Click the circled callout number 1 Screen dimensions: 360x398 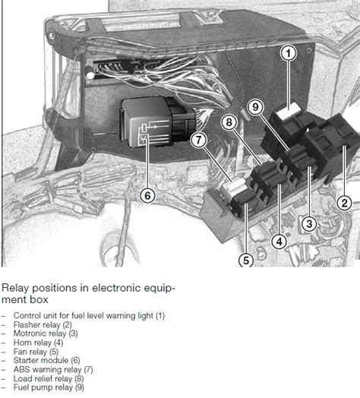pos(289,53)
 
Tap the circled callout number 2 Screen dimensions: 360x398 pos(345,203)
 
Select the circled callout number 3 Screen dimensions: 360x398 pos(309,224)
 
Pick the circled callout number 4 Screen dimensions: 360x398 pos(279,242)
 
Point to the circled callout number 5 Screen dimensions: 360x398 pos(246,261)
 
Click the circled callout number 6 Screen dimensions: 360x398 pos(148,196)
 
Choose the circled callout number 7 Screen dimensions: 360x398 pos(198,140)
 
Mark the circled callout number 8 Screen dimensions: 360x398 pos(229,122)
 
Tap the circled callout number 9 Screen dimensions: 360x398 pos(255,106)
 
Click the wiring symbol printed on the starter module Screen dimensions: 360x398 pos(153,133)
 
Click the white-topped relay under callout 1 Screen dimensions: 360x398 pos(289,111)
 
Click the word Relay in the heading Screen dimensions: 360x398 pos(15,288)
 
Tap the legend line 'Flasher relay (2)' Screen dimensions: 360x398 pos(43,324)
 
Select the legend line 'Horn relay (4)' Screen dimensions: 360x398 pos(38,343)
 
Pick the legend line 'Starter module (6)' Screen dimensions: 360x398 pos(47,361)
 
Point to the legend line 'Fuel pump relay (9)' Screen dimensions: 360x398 pos(49,387)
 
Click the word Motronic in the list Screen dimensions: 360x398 pos(30,333)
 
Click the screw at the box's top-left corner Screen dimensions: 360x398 pos(52,36)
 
